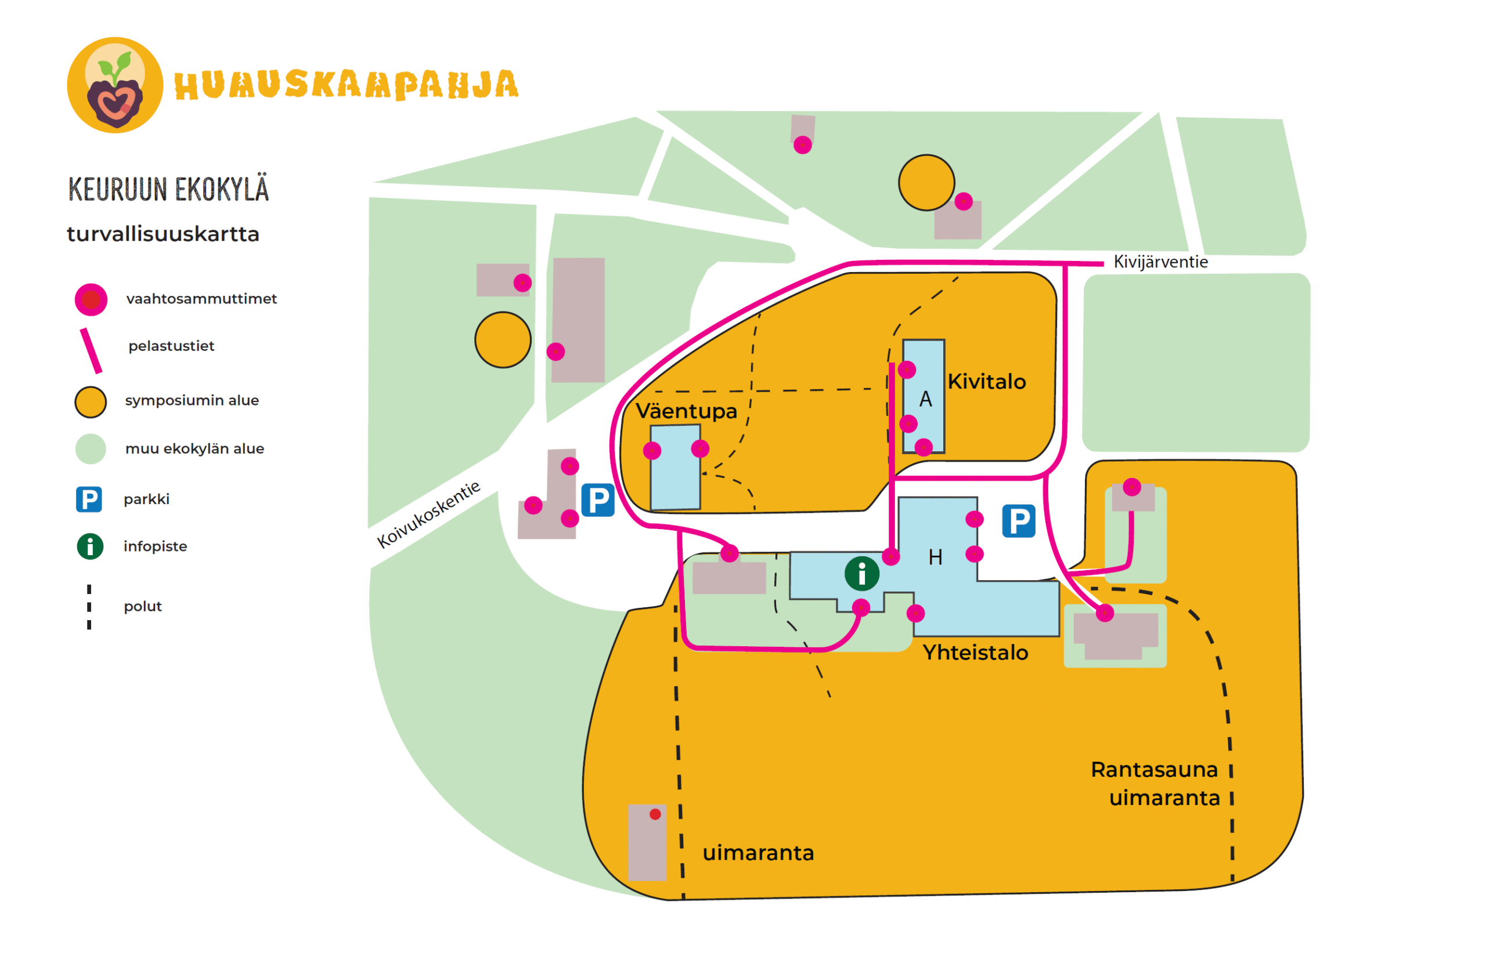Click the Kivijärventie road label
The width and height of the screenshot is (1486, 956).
click(1160, 262)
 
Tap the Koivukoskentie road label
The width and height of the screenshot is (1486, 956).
click(428, 515)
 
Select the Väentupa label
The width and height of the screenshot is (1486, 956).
click(686, 411)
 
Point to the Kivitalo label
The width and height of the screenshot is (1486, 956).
click(986, 381)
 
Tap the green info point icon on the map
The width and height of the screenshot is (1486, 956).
click(861, 573)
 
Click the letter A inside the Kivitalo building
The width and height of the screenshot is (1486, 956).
click(925, 399)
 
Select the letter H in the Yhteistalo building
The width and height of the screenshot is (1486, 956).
click(935, 557)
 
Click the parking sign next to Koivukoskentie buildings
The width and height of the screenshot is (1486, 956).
click(598, 501)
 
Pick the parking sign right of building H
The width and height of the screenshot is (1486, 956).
click(1018, 521)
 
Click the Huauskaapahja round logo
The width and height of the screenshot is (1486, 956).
click(115, 85)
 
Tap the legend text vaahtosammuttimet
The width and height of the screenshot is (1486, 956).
click(201, 299)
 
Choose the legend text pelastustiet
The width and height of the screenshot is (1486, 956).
click(171, 346)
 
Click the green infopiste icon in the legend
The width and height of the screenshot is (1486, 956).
click(90, 546)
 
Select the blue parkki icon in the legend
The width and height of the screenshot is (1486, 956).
click(89, 499)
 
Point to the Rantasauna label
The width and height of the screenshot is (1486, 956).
click(1154, 770)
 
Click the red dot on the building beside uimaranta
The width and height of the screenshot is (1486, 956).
click(655, 814)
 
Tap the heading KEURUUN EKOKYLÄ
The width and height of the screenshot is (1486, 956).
click(168, 189)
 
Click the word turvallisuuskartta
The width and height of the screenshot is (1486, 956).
click(163, 234)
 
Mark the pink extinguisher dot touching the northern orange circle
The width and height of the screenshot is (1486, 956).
click(963, 201)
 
